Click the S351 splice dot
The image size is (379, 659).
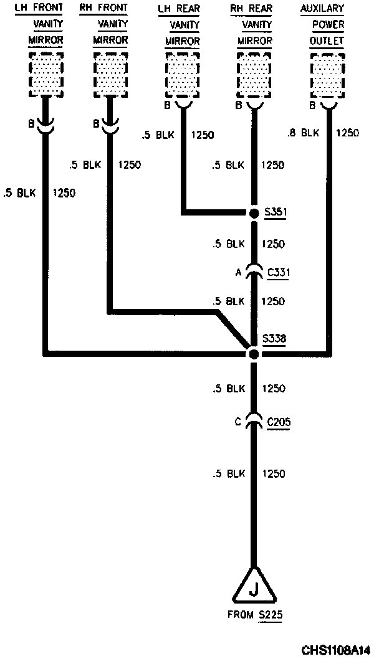[x=254, y=214]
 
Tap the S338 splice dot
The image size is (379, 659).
[x=254, y=354]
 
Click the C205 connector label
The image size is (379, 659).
[x=278, y=422]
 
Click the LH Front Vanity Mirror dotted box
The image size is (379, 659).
[x=46, y=74]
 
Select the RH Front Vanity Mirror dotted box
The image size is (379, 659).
[x=111, y=74]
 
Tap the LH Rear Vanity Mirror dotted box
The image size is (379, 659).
[x=182, y=74]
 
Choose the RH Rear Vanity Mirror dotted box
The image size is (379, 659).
[x=254, y=74]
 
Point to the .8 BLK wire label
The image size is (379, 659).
[x=303, y=133]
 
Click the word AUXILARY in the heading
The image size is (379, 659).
[x=322, y=9]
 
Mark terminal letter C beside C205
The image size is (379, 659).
[x=237, y=422]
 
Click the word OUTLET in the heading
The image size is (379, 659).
[x=326, y=40]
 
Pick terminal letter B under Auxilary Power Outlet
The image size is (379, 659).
[x=312, y=105]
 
